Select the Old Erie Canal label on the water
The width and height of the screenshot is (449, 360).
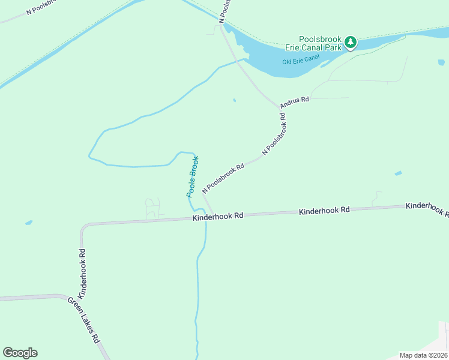click(x=301, y=61)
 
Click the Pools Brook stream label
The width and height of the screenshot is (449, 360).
click(x=192, y=177)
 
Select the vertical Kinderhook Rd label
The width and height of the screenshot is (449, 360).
click(x=83, y=274)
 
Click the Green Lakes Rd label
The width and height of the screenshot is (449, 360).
click(x=83, y=319)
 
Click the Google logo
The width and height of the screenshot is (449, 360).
click(x=20, y=353)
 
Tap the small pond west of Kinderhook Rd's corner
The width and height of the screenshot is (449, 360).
click(x=28, y=223)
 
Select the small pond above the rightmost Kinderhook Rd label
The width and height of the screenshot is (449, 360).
click(x=398, y=173)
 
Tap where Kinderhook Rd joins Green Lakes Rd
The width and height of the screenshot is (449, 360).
click(x=62, y=296)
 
